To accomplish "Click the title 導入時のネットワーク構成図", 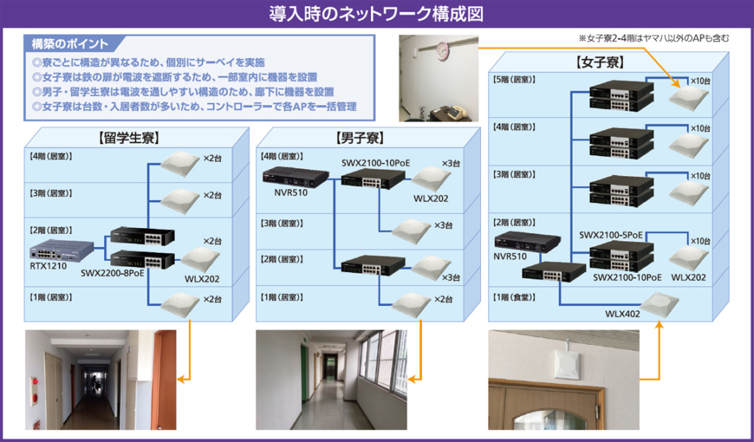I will click(376, 14).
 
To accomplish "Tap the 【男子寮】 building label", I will click(360, 137).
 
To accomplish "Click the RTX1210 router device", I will click(62, 249).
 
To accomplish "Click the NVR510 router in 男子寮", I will click(295, 177).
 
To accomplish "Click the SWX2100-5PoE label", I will click(611, 235).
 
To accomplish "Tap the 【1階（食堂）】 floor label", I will click(516, 297).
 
